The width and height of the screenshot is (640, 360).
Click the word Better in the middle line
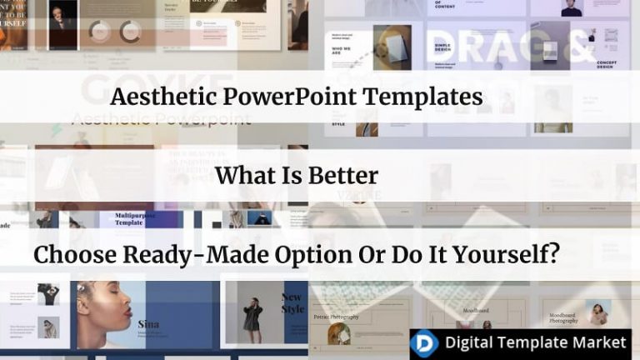pyautogui.click(x=341, y=176)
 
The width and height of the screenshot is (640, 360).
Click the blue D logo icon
pyautogui.click(x=425, y=342)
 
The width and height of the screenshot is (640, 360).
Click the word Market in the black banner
pyautogui.click(x=599, y=342)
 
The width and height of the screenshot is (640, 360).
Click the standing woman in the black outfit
pyautogui.click(x=252, y=316)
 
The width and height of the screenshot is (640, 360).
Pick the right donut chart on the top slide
pyautogui.click(x=130, y=32)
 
